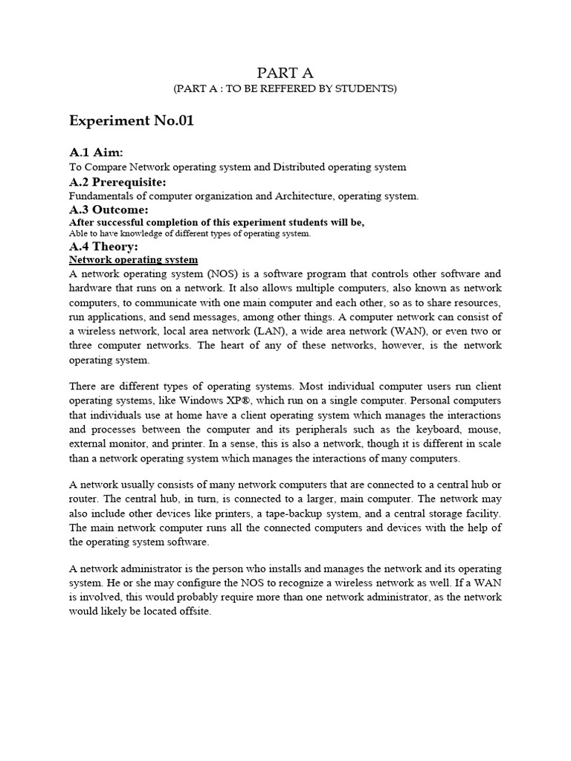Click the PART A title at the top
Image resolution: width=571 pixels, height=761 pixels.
pos(285,72)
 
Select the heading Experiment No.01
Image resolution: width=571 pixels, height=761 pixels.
pos(132,121)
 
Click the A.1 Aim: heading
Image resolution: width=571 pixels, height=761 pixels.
pos(96,152)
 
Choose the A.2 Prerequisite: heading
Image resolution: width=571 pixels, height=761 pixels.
pos(117,182)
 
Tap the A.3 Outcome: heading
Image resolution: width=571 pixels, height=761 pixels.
pos(109,210)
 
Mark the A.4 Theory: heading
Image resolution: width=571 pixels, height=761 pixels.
pos(103,246)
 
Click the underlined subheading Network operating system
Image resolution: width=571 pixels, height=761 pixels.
pos(133,259)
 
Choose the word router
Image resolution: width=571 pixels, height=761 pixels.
pos(86,499)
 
